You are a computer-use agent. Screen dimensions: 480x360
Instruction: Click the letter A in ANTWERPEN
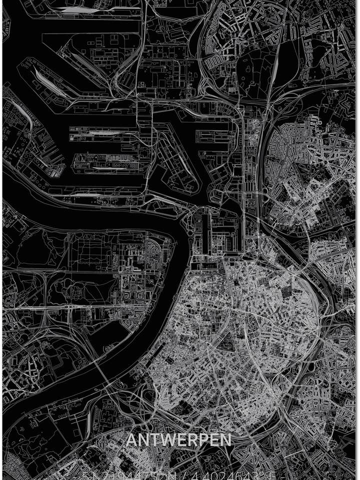coord(131,440)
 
